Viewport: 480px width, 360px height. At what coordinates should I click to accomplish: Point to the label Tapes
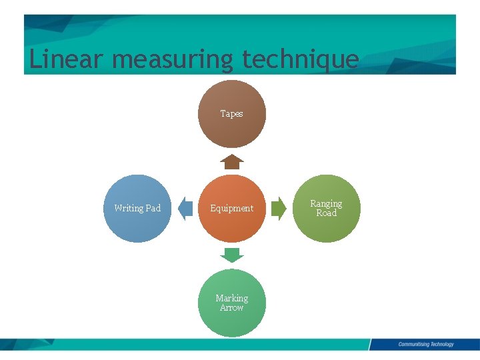click(x=232, y=114)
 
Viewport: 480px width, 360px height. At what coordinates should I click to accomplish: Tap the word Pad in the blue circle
click(x=153, y=208)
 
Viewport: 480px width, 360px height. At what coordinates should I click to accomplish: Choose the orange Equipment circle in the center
click(x=232, y=223)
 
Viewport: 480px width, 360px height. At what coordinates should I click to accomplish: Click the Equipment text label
click(x=232, y=208)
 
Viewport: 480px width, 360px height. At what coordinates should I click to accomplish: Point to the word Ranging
click(x=326, y=203)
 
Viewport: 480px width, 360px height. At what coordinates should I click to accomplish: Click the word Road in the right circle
click(x=326, y=213)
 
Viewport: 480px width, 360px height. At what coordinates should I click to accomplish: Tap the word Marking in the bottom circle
click(x=232, y=298)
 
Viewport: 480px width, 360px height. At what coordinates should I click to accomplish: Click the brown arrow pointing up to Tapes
click(x=232, y=162)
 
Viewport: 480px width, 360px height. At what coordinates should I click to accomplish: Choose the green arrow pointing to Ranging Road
click(x=279, y=208)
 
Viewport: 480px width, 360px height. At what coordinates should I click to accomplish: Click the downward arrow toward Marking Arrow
click(x=232, y=255)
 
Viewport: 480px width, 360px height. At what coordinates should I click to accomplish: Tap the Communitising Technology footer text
click(x=426, y=345)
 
